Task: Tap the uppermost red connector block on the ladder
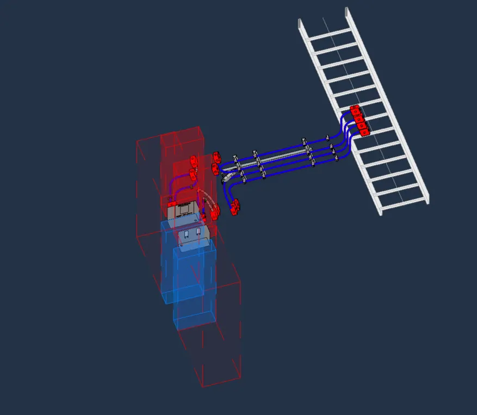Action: pos(355,110)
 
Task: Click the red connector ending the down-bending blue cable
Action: pos(236,207)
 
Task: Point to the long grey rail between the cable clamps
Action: pos(280,158)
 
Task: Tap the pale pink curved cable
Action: pos(206,194)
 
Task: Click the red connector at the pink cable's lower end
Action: pos(215,213)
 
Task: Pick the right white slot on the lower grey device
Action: pos(199,232)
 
